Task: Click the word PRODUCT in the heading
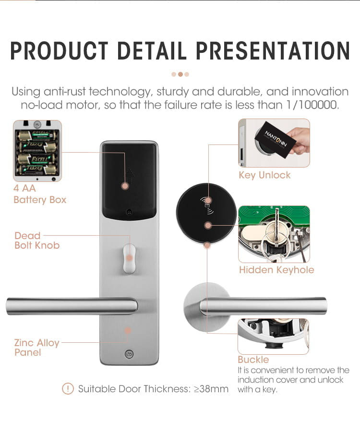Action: click(59, 50)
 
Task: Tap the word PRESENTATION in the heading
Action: click(273, 50)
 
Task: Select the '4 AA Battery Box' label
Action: click(40, 194)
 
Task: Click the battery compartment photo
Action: click(37, 151)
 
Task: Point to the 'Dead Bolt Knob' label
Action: click(37, 241)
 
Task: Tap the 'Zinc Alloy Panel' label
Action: click(36, 348)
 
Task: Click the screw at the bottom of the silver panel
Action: click(129, 354)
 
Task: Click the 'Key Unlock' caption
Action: click(264, 175)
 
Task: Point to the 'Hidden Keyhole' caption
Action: click(276, 270)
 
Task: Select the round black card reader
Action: click(206, 213)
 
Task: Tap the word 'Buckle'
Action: click(253, 360)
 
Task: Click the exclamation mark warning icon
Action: click(68, 388)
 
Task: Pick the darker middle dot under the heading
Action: click(180, 74)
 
